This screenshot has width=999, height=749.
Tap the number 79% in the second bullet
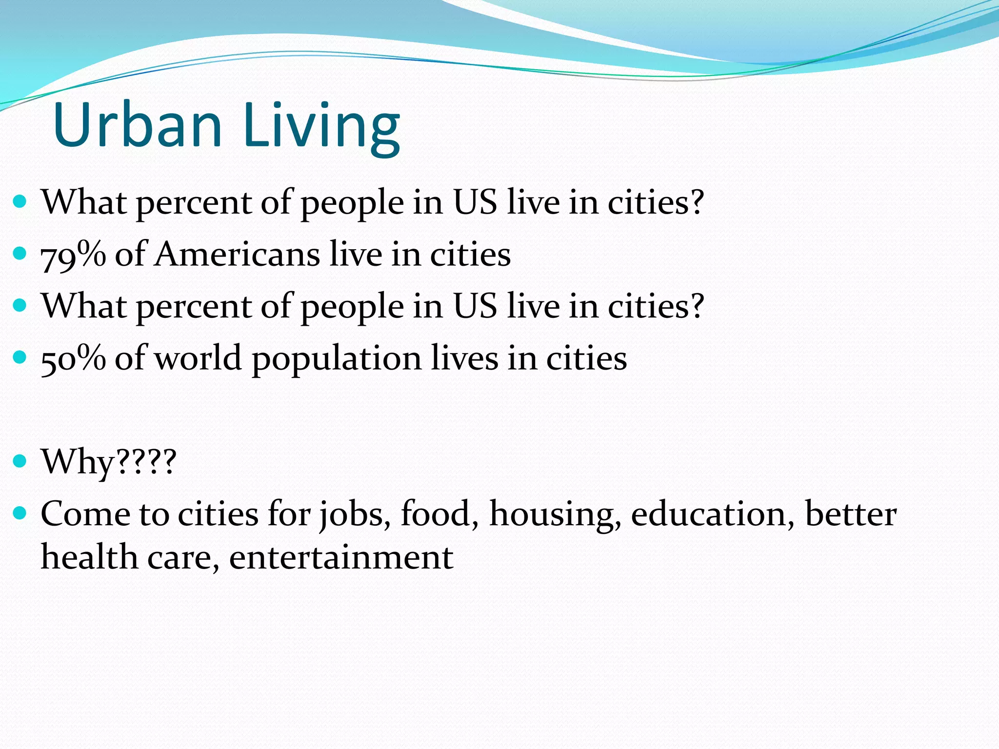coord(73,255)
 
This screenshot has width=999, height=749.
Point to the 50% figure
coord(73,358)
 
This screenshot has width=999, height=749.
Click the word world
coord(198,358)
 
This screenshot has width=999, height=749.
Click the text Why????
coord(108,462)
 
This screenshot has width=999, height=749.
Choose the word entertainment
coord(341,557)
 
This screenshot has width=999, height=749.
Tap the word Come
coord(86,514)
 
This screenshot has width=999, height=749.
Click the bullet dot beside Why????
coord(20,461)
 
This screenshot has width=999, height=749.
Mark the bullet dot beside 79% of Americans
coord(20,254)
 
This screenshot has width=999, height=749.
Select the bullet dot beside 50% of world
coord(20,357)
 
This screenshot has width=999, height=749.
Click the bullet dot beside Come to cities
coord(20,513)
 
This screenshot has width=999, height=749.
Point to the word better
coord(850,514)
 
